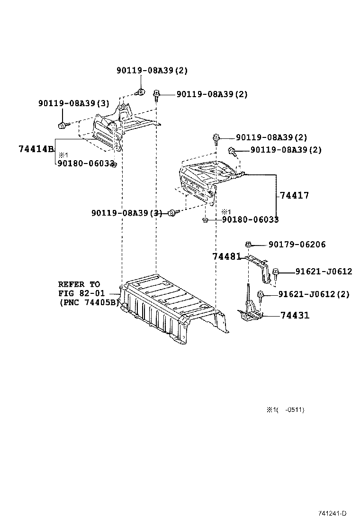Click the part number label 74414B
[36, 149]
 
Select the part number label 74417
[294, 195]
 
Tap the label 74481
[226, 256]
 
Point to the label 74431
[295, 315]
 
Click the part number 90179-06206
[297, 245]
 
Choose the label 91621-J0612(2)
[314, 294]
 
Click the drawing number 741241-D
[332, 513]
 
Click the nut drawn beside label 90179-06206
[248, 244]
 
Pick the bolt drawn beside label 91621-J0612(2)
[260, 295]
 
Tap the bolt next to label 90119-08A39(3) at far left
[62, 125]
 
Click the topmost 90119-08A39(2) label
[152, 70]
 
